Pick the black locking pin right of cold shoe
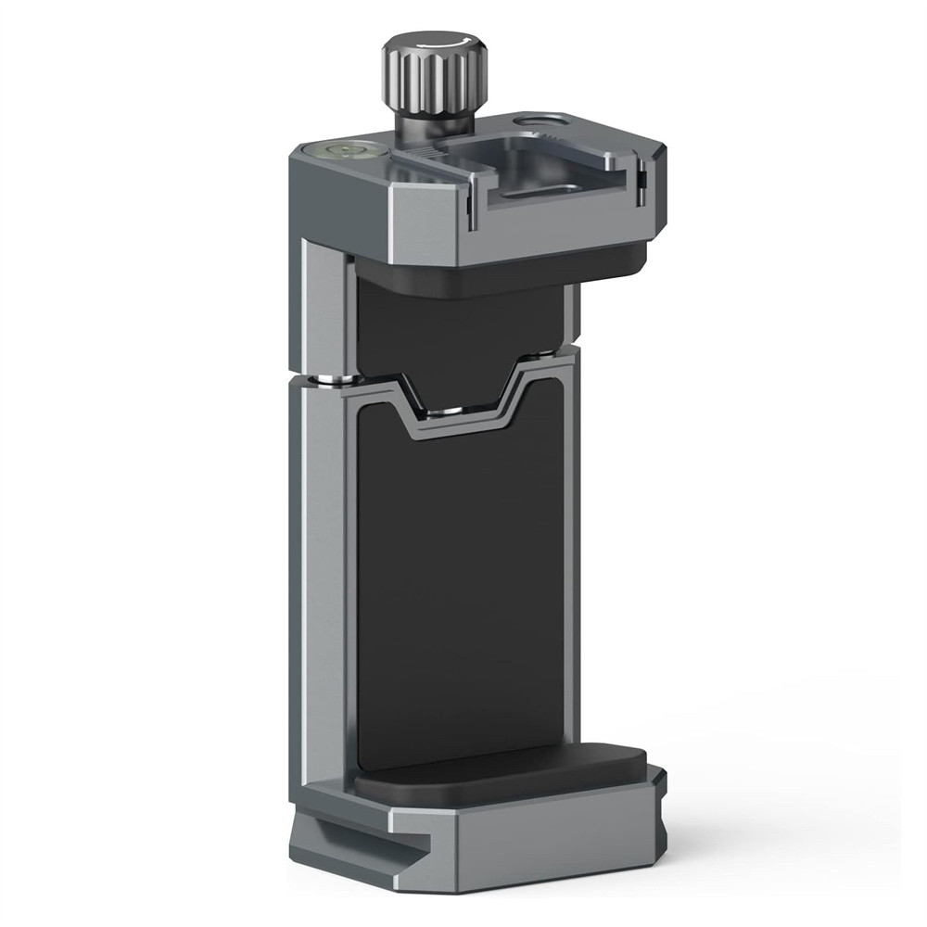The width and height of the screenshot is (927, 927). point(641,181)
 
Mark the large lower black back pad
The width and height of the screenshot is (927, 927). point(459,593)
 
